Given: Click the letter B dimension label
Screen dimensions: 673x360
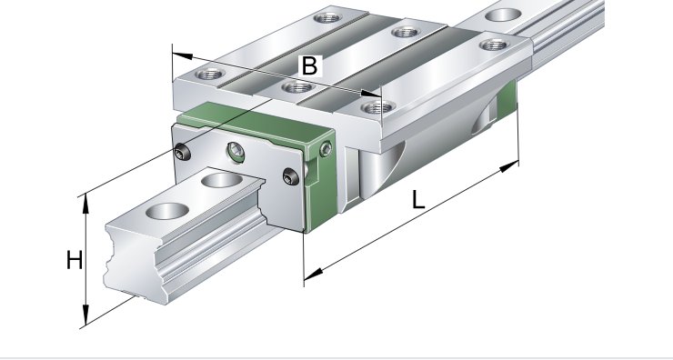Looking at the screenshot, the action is pos(310,66).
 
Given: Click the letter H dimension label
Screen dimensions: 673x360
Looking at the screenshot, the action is pos(75,260).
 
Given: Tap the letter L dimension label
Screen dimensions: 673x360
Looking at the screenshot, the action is pos(417,200).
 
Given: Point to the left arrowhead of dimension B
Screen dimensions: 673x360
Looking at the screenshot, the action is pos(182,55).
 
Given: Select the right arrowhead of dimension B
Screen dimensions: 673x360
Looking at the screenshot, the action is pos(371,94).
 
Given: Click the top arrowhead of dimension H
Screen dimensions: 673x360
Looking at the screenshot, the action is pos(85,204).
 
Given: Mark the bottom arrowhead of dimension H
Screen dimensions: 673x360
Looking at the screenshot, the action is pos(85,315).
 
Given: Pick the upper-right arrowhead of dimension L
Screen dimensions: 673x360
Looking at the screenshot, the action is pos(509,166).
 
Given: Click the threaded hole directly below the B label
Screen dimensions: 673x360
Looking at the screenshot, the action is pos(297,88).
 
